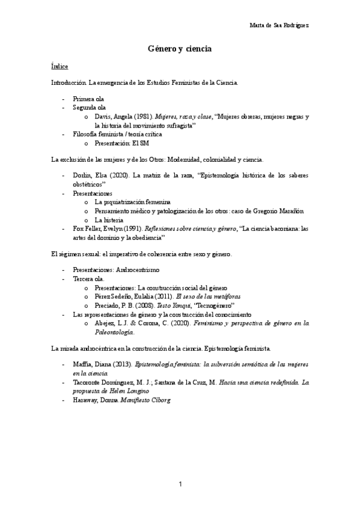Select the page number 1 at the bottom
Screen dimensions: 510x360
click(180, 484)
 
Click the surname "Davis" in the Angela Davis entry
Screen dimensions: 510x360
click(104, 117)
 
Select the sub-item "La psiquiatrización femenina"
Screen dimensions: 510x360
click(132, 201)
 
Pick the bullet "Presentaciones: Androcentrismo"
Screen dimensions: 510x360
click(116, 271)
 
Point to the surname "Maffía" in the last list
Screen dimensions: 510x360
click(83, 364)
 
